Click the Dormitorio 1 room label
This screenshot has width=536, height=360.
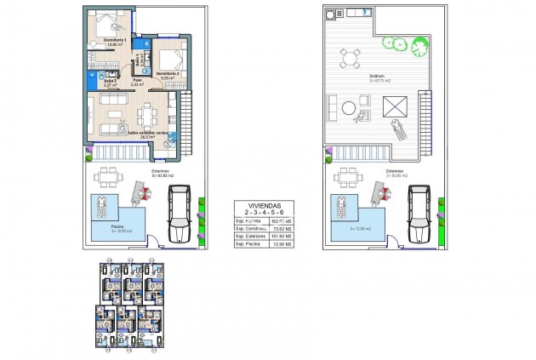115,40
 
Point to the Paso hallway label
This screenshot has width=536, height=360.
136,81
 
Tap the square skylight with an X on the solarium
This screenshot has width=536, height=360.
395,107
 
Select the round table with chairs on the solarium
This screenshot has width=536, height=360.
350,58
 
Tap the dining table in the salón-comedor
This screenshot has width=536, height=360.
148,111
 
